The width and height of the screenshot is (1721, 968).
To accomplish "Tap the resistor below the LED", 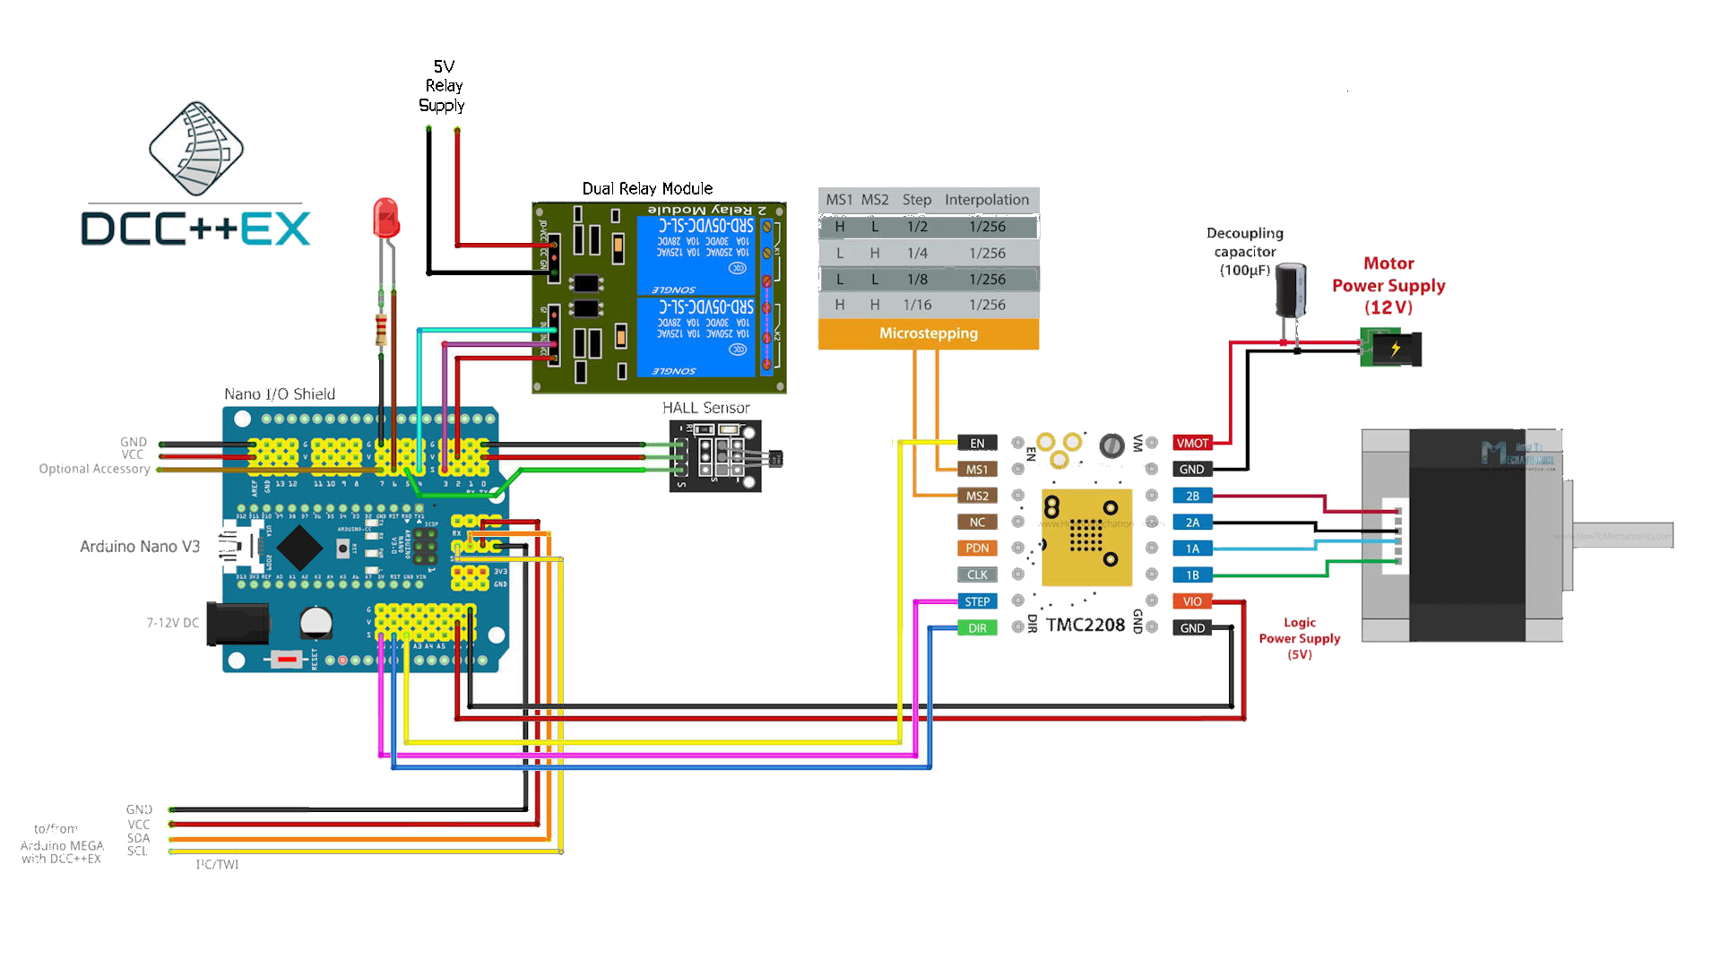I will [x=382, y=330].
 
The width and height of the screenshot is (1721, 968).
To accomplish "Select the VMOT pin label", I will [x=1192, y=443].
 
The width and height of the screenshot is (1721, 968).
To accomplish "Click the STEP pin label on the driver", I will [x=977, y=601].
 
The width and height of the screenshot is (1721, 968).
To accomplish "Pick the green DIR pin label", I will [x=977, y=628].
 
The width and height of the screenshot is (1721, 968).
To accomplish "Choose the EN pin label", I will [x=977, y=443].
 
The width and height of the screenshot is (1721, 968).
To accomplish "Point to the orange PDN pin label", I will [x=977, y=549].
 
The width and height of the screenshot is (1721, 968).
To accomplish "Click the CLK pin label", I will [x=977, y=575].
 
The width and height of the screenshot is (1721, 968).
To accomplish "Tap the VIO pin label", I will [x=1192, y=601].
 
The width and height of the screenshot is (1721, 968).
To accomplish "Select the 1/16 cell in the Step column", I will [x=917, y=305].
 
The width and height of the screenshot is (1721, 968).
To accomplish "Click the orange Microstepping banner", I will [x=929, y=333].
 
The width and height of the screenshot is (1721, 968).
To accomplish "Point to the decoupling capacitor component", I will [x=1291, y=290].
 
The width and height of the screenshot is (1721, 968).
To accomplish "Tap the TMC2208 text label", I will [x=1085, y=625].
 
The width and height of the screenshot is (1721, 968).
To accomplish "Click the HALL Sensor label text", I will [x=705, y=408].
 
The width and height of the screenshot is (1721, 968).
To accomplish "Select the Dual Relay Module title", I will [x=647, y=188].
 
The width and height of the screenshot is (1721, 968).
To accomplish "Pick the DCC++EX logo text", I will [x=195, y=229].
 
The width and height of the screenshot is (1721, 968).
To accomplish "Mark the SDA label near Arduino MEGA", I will [x=138, y=838].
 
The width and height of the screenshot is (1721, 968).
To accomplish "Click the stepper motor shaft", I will [x=1622, y=535].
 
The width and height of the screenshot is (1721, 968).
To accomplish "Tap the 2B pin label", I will [x=1192, y=496].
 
